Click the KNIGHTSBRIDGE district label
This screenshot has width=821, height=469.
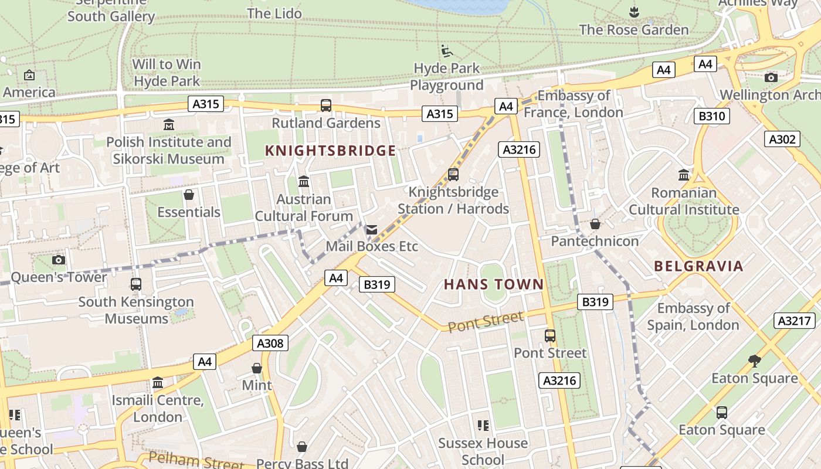click(x=331, y=151)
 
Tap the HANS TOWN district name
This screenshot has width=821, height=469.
click(x=494, y=285)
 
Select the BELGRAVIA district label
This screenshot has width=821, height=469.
click(x=698, y=266)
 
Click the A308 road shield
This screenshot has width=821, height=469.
click(x=271, y=343)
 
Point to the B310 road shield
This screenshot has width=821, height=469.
click(x=711, y=116)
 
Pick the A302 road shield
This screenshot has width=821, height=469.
click(x=782, y=139)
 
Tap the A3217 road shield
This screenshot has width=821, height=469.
click(x=795, y=321)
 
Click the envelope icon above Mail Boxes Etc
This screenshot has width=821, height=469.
click(x=372, y=230)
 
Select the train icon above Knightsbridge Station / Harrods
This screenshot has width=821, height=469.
click(x=453, y=175)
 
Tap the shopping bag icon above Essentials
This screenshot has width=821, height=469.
click(x=189, y=195)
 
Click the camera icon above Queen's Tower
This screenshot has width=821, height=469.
click(x=59, y=260)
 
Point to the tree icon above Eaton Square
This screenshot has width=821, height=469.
click(x=755, y=361)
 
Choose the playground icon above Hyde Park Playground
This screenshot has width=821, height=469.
click(x=447, y=51)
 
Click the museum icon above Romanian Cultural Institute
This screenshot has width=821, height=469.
click(x=684, y=175)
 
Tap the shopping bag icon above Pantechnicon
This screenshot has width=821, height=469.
click(x=595, y=224)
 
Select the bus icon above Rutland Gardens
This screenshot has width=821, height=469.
click(x=326, y=106)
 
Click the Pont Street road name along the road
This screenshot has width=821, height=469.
click(x=486, y=321)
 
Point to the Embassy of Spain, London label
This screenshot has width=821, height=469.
click(x=693, y=317)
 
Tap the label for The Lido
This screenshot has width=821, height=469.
click(x=274, y=13)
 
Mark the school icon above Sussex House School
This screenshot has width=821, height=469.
click(x=483, y=426)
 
